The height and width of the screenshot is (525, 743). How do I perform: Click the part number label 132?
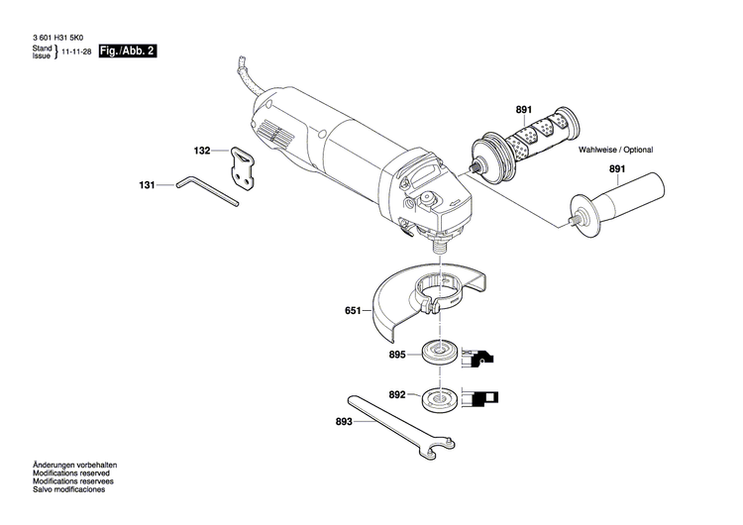[x=201, y=152]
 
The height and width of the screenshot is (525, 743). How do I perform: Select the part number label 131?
[x=148, y=184]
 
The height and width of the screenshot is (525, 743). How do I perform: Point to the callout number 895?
[x=397, y=354]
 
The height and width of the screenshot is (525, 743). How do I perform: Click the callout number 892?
[x=397, y=394]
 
